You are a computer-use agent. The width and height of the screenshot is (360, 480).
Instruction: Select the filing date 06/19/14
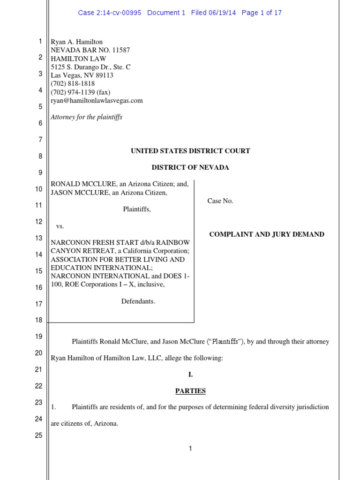tap(223, 13)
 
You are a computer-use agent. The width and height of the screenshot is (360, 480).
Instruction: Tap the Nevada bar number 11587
tap(120, 51)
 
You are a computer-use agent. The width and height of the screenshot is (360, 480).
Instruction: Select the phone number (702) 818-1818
tap(73, 84)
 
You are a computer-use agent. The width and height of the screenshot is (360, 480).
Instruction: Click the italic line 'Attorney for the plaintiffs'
tap(86, 117)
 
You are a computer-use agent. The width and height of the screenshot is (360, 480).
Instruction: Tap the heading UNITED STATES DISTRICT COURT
tap(190, 151)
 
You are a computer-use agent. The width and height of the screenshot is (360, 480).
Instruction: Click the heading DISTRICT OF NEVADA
tap(190, 167)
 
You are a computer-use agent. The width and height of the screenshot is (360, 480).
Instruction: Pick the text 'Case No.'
tap(220, 201)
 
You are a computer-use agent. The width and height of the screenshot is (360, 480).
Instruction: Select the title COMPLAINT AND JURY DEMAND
tap(267, 234)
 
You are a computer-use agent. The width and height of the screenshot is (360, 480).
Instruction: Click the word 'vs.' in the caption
tap(60, 226)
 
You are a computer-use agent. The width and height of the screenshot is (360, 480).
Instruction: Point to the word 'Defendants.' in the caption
tap(138, 301)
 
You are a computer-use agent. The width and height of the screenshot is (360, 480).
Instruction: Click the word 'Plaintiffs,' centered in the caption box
tap(137, 210)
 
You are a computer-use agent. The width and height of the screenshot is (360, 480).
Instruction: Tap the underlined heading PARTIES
tap(190, 391)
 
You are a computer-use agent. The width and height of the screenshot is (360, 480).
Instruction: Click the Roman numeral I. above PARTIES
tap(190, 375)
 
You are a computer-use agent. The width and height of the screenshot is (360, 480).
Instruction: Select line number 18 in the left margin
tap(39, 320)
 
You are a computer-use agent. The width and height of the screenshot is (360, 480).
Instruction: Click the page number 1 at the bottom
tap(190, 449)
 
